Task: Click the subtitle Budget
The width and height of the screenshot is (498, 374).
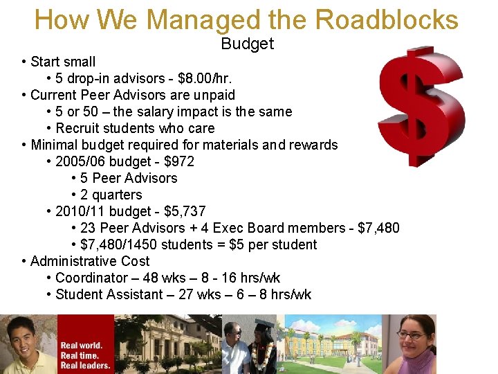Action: tap(248, 44)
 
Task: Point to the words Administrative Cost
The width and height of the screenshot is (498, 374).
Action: tap(90, 261)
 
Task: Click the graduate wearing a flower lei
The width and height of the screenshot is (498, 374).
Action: tap(263, 350)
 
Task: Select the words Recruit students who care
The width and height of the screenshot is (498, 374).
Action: tap(135, 128)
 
